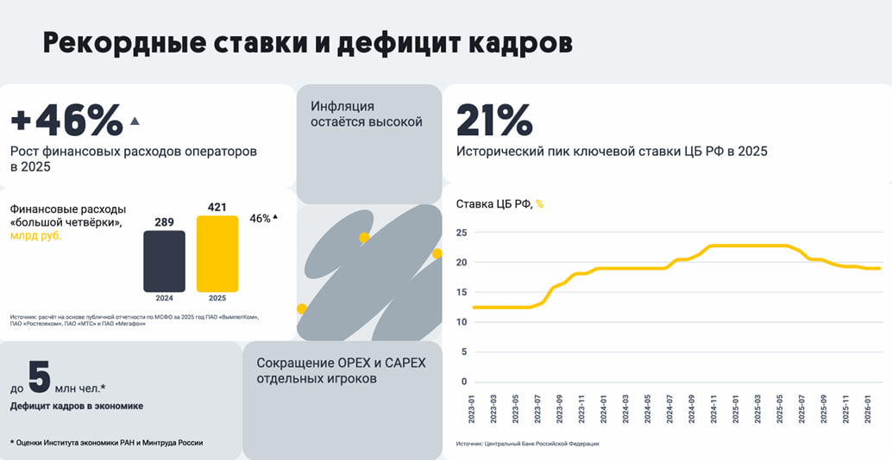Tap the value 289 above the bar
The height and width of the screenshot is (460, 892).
(x=164, y=222)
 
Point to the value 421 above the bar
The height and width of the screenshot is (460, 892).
(x=217, y=208)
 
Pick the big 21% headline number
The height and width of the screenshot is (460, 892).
(x=494, y=121)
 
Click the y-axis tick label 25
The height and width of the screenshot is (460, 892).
(x=462, y=233)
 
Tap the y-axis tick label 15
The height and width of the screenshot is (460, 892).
(x=462, y=292)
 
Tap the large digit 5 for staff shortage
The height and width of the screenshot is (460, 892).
(x=39, y=376)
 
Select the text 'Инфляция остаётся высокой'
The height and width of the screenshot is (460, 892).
(x=366, y=114)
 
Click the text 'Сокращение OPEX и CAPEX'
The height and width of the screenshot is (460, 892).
(x=341, y=363)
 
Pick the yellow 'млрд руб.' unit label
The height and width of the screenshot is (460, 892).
(x=35, y=236)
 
